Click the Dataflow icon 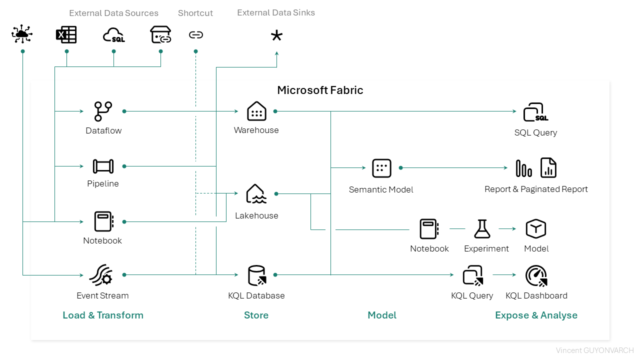point(103,111)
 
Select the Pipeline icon point(103,166)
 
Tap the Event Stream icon point(100,275)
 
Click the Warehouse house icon point(256,111)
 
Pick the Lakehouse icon point(256,194)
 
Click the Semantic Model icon point(381,168)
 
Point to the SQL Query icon point(535,112)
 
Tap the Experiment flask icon point(482,229)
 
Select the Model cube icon point(535,229)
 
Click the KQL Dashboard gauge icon point(536,275)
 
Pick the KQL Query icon point(472,275)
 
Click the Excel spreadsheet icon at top point(66,35)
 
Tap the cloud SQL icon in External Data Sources point(113,35)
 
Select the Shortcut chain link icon point(195,35)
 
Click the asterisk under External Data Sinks point(276,35)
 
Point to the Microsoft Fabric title point(320,90)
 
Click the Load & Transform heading point(103,315)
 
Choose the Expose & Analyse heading point(536,315)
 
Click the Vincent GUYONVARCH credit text point(594,350)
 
